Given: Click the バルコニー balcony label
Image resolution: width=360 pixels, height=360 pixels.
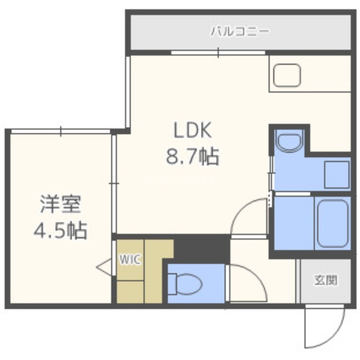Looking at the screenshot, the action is pos(239,31).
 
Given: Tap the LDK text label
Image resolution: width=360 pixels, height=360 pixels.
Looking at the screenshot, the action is pos(193,130).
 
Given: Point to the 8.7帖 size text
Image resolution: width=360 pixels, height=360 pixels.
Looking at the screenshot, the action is pos(193,157).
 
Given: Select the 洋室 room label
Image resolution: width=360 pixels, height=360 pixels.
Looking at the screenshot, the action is pos(61,204).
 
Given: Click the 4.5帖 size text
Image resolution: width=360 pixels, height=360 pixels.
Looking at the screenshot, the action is pos(61,230).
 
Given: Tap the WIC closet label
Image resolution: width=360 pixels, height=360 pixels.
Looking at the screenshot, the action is pos(130,260).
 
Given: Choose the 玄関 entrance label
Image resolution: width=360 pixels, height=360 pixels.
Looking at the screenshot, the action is pos(326,280).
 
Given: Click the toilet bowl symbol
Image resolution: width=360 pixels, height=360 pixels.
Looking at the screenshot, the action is pos(185,284).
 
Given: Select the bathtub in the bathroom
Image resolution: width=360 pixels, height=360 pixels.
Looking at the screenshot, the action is pos(333,224).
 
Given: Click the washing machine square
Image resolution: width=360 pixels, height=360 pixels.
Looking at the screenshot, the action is pos(337,175).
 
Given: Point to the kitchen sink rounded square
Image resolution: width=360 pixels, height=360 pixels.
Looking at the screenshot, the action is pos(287,75).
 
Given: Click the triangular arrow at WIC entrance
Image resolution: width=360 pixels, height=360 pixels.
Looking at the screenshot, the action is pos(103,267).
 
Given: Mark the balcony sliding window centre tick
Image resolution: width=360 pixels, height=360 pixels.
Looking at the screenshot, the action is pos(218,53).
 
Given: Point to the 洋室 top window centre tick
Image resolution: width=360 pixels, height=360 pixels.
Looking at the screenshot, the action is pos(61,131).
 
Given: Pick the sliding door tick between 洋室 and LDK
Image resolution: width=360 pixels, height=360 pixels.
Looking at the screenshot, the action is pos(114,184).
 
